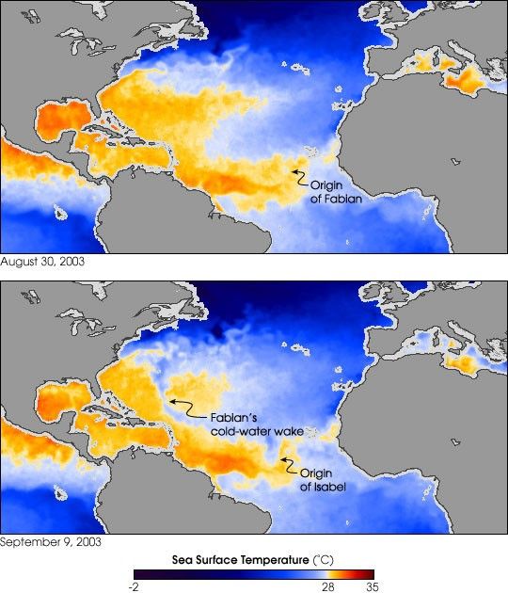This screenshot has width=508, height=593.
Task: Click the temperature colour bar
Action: pos(254,573)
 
